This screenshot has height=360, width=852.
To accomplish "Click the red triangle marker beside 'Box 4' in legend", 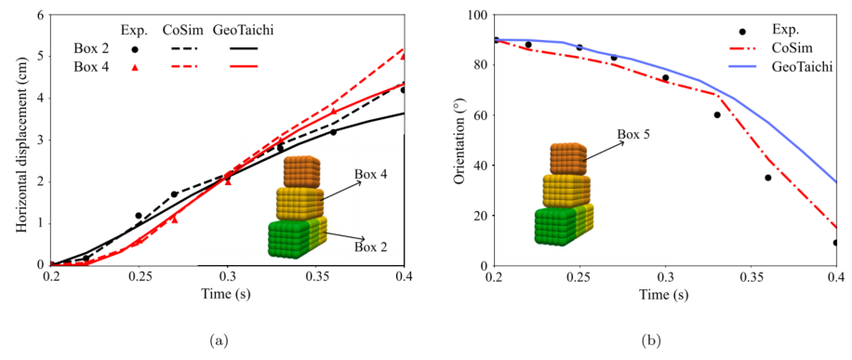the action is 135,67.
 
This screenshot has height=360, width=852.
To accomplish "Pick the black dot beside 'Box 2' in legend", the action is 135,49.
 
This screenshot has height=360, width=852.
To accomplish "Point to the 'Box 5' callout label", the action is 632,133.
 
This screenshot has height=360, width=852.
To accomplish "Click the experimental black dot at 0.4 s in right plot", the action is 836,243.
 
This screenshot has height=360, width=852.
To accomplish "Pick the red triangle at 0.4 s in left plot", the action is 403,56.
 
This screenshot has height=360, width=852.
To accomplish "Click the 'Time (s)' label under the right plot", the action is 665,294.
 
